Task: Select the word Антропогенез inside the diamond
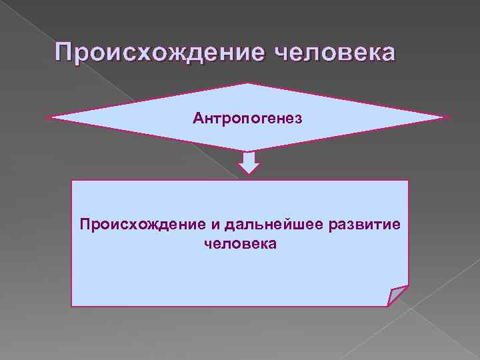click(247, 118)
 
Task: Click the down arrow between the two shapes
click(249, 163)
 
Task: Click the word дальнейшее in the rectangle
click(271, 225)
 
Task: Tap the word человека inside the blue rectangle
click(240, 245)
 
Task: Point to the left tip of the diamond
click(49, 118)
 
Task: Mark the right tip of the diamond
click(449, 118)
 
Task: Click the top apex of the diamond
click(248, 84)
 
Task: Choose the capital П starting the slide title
click(65, 52)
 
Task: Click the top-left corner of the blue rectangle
click(72, 181)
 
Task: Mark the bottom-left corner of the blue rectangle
click(72, 306)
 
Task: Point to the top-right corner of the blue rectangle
click(407, 181)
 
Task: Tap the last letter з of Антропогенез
click(299, 119)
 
